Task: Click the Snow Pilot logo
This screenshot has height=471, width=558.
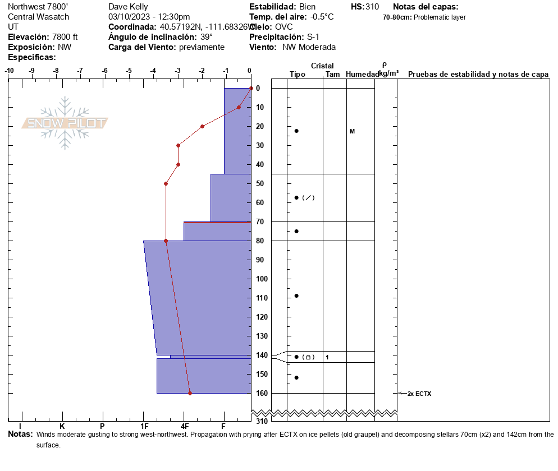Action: click(x=65, y=123)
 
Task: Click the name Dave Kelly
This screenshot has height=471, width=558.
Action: click(x=128, y=7)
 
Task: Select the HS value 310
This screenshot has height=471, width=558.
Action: click(x=372, y=7)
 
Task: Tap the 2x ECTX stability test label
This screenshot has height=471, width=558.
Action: click(x=419, y=394)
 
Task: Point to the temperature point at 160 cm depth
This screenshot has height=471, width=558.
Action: click(x=190, y=393)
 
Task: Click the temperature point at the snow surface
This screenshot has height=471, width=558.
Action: click(x=251, y=88)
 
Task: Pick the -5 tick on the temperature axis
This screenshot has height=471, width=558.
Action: click(x=129, y=71)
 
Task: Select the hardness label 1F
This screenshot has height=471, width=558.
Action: click(x=144, y=427)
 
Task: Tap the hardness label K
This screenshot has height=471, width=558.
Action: click(x=62, y=427)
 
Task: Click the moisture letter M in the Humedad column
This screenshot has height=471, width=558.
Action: click(x=352, y=131)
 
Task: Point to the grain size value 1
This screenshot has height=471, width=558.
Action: click(x=327, y=357)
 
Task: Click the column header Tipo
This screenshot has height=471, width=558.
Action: click(x=297, y=75)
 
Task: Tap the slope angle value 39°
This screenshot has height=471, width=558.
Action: click(x=206, y=37)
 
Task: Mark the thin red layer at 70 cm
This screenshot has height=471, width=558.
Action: click(x=217, y=223)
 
